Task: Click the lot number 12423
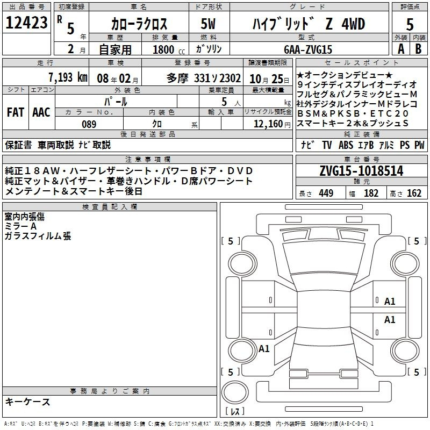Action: point(26,23)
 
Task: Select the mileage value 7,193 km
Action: point(68,77)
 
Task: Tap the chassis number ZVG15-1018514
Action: point(361,170)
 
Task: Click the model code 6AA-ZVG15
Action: point(308,49)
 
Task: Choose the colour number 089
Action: point(89,124)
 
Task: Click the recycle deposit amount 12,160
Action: point(268,124)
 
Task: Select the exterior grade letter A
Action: point(401,49)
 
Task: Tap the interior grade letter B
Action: point(418,49)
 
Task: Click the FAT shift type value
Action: point(16,112)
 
